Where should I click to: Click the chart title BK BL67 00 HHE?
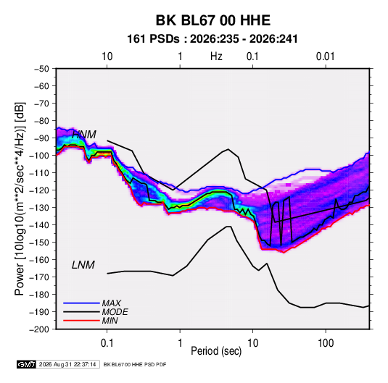[x=212, y=20]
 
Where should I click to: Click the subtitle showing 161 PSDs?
[x=212, y=39]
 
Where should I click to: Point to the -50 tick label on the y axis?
[x=41, y=69]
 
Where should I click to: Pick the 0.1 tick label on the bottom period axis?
[x=107, y=343]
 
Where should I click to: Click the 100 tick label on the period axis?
[x=326, y=343]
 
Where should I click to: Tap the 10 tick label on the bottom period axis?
[x=252, y=343]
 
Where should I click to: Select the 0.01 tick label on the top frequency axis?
[x=326, y=56]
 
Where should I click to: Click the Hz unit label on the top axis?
[x=216, y=56]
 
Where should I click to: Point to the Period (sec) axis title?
[x=216, y=351]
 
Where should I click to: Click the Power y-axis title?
[x=20, y=198]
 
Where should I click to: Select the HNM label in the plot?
[x=84, y=135]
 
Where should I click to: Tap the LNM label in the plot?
[x=83, y=265]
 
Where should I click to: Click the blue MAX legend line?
[x=81, y=303]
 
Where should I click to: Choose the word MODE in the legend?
[x=115, y=312]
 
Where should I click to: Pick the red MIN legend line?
[x=81, y=321]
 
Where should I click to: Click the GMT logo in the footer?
[x=26, y=364]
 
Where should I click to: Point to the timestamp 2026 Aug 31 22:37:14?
[x=67, y=364]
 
